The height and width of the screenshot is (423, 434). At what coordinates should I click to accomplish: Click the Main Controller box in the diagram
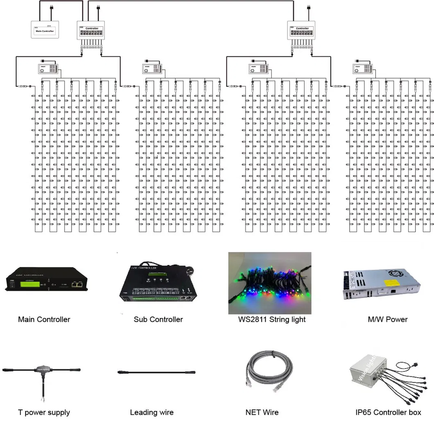45,30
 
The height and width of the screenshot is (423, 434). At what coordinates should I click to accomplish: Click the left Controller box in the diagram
91,31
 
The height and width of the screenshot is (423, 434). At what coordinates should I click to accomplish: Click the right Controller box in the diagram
302,31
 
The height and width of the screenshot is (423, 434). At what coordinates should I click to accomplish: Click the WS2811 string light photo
270,283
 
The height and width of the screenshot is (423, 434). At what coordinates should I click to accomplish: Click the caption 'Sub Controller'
158,319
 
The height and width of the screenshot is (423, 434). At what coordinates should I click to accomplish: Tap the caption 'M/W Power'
387,319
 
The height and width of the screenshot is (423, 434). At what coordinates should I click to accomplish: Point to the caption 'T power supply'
44,412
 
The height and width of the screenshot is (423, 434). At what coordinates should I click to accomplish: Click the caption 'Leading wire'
151,412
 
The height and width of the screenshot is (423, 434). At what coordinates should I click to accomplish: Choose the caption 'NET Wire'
262,412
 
